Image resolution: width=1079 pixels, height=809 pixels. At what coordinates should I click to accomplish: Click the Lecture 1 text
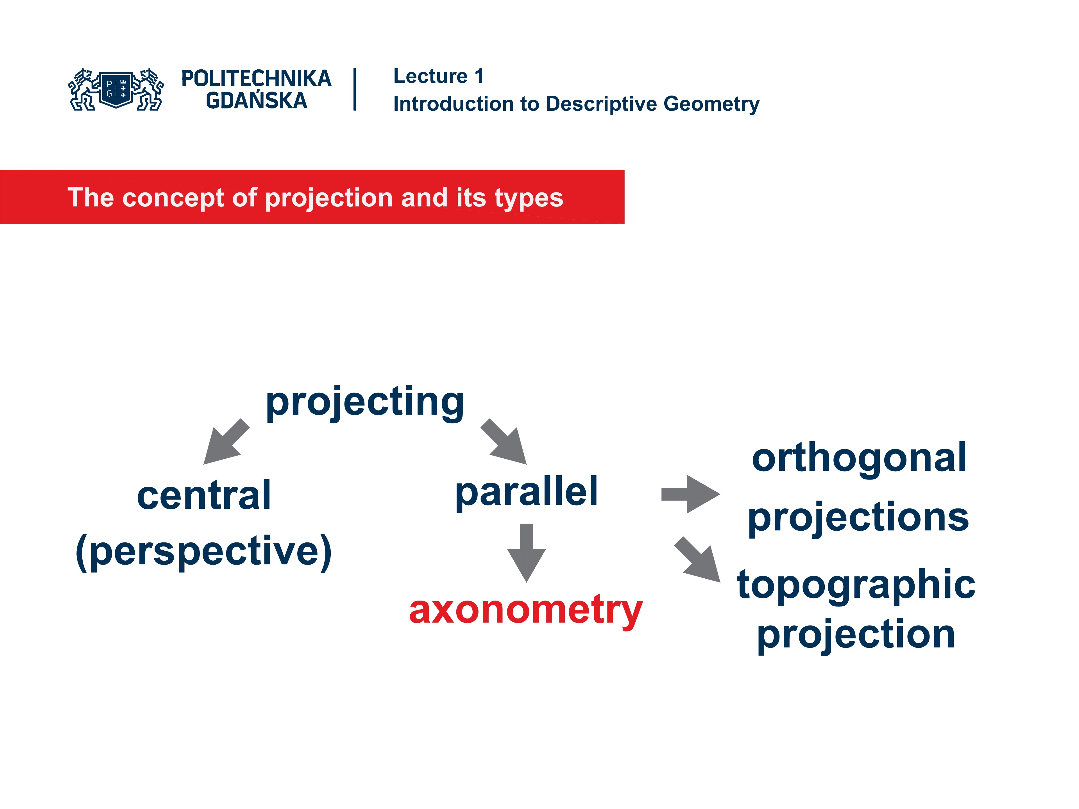[x=438, y=76]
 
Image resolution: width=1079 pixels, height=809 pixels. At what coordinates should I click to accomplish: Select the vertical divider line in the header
[x=355, y=89]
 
